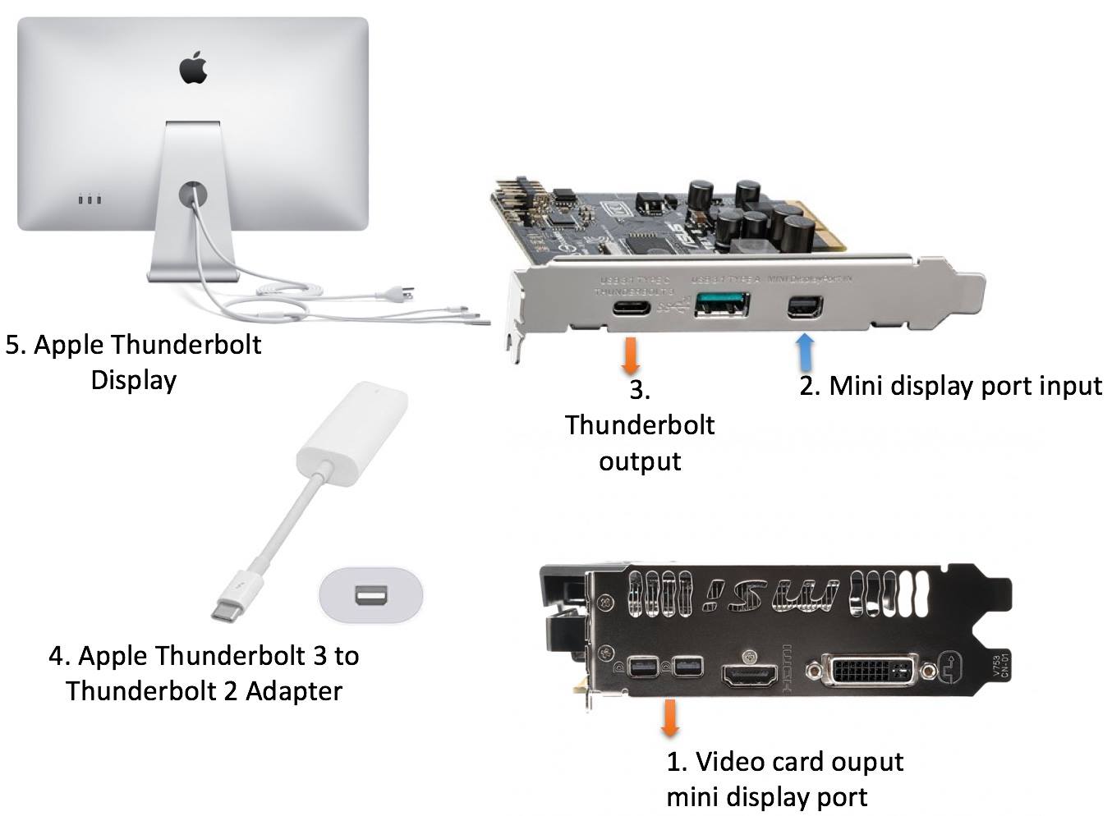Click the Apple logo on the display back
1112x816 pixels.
[193, 67]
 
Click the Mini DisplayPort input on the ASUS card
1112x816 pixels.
[801, 307]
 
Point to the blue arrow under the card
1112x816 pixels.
[806, 351]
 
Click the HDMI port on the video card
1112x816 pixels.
[749, 676]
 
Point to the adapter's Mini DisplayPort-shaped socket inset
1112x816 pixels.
[370, 593]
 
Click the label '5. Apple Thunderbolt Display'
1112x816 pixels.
[133, 362]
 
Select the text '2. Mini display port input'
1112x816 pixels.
[950, 385]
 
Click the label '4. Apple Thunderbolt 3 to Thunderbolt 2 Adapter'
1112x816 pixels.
[204, 673]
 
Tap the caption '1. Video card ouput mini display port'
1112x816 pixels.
[784, 779]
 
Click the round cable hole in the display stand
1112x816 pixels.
[193, 195]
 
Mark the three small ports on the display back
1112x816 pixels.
[89, 199]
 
